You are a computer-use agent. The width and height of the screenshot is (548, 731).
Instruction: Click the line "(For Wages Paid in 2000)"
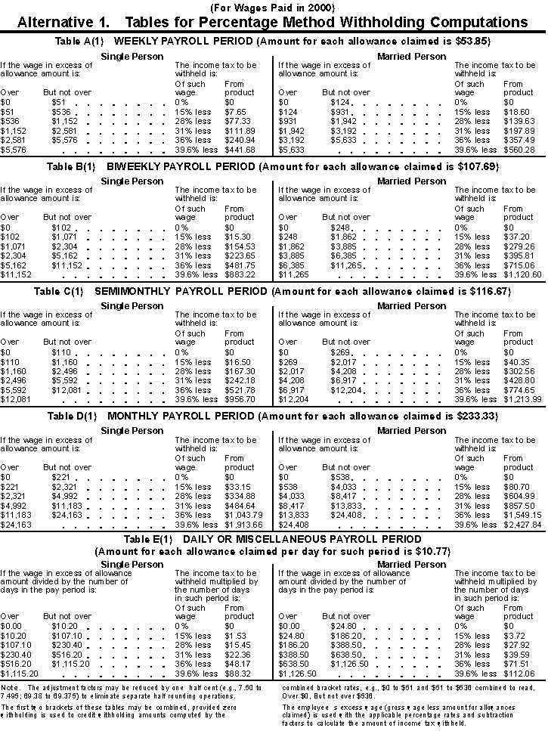pyautogui.click(x=273, y=7)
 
